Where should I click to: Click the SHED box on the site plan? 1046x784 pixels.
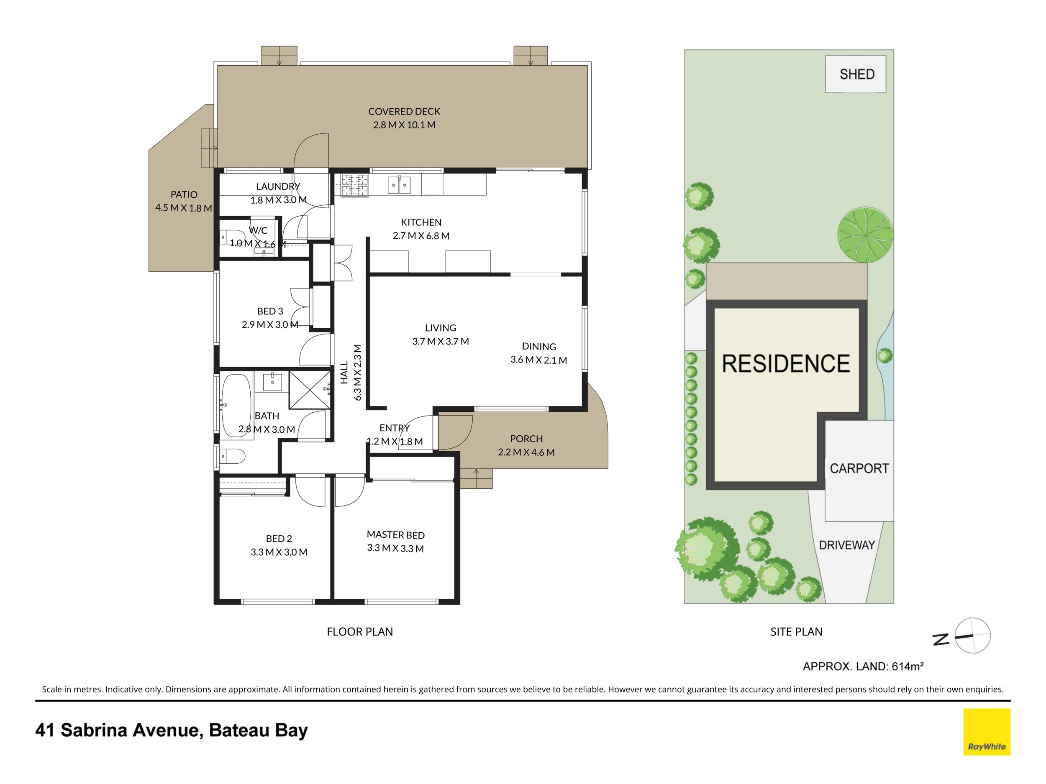[856, 74]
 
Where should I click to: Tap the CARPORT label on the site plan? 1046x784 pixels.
[859, 468]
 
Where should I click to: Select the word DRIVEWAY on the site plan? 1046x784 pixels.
[847, 545]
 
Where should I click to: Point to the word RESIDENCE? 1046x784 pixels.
[786, 363]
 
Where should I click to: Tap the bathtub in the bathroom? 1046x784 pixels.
[236, 406]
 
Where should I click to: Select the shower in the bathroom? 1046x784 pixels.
[310, 389]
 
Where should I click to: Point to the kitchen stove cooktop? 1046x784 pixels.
[354, 185]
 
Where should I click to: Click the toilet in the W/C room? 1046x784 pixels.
[231, 236]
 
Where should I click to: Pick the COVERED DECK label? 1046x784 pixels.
[404, 112]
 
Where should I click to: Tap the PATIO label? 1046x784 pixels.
[184, 194]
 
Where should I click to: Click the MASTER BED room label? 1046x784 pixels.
[396, 534]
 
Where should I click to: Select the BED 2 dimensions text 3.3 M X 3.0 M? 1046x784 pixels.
[279, 552]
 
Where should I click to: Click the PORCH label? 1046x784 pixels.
[526, 439]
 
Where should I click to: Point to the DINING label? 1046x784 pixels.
[539, 346]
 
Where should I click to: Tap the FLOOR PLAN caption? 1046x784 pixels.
[360, 631]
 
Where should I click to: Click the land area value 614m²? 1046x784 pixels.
[908, 667]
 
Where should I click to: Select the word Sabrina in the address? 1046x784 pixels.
[94, 730]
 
